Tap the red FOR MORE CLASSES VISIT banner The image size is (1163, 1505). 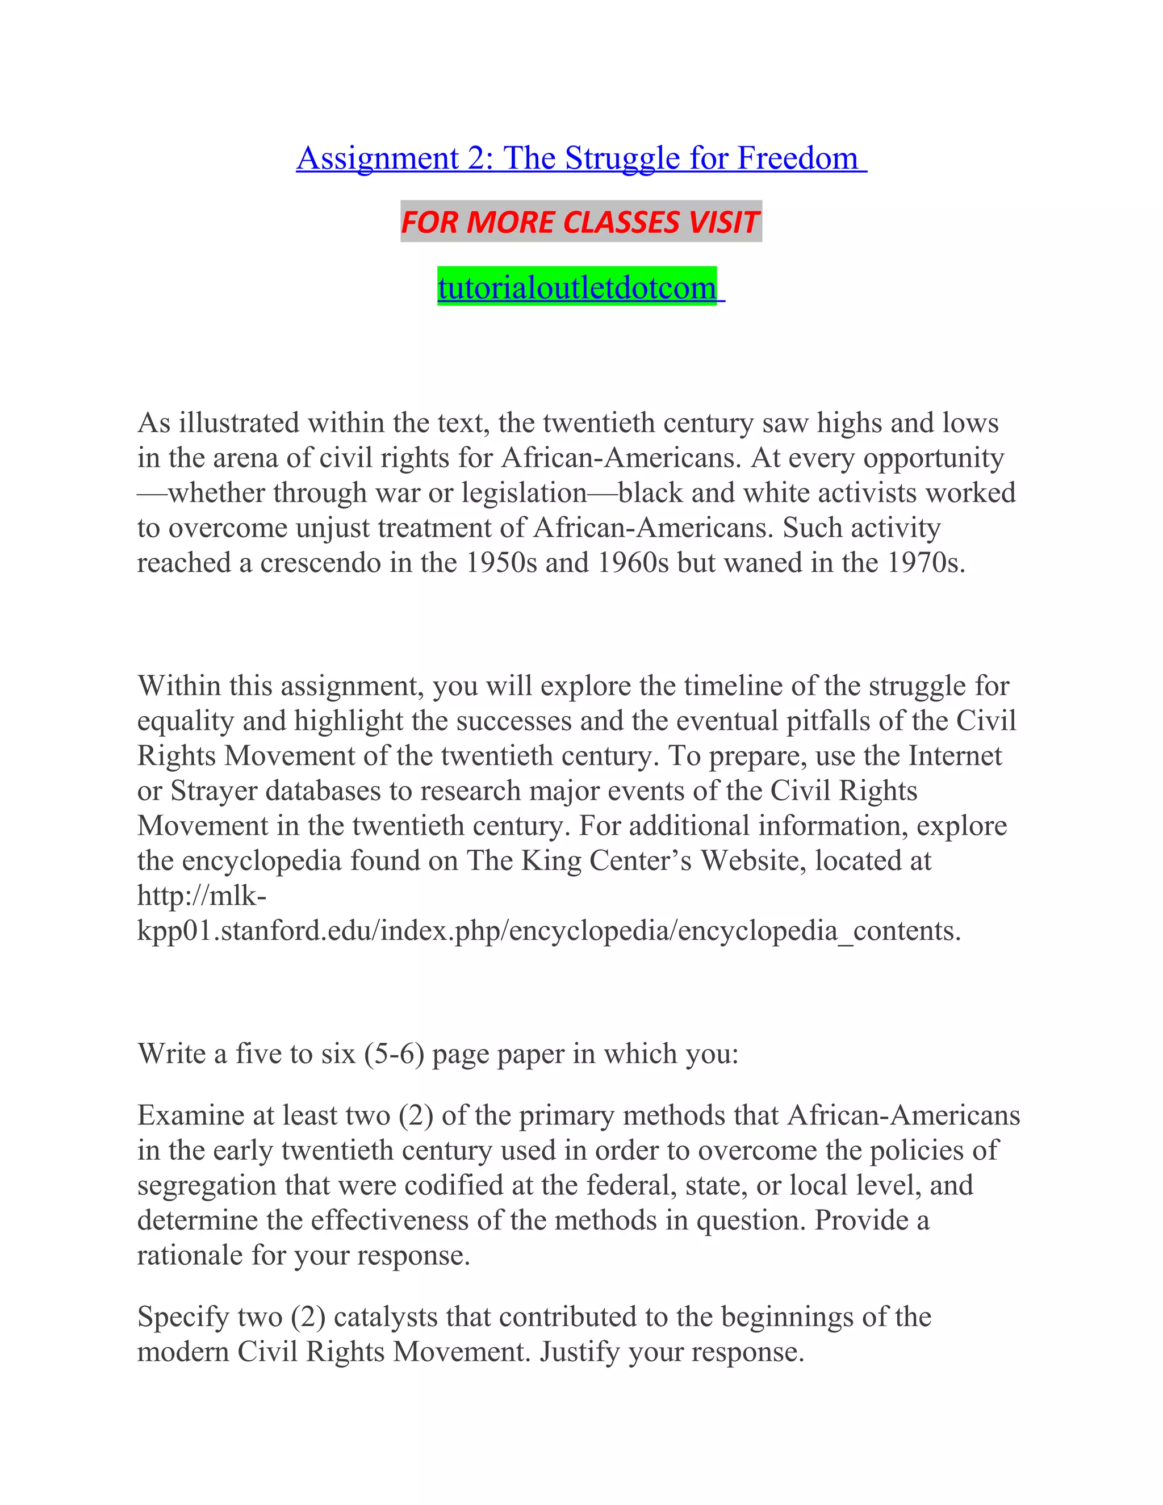[x=580, y=223]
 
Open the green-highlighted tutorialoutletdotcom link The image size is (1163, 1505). [x=578, y=287]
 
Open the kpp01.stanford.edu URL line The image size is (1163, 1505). [x=549, y=931]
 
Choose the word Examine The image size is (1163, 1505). [x=194, y=1115]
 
